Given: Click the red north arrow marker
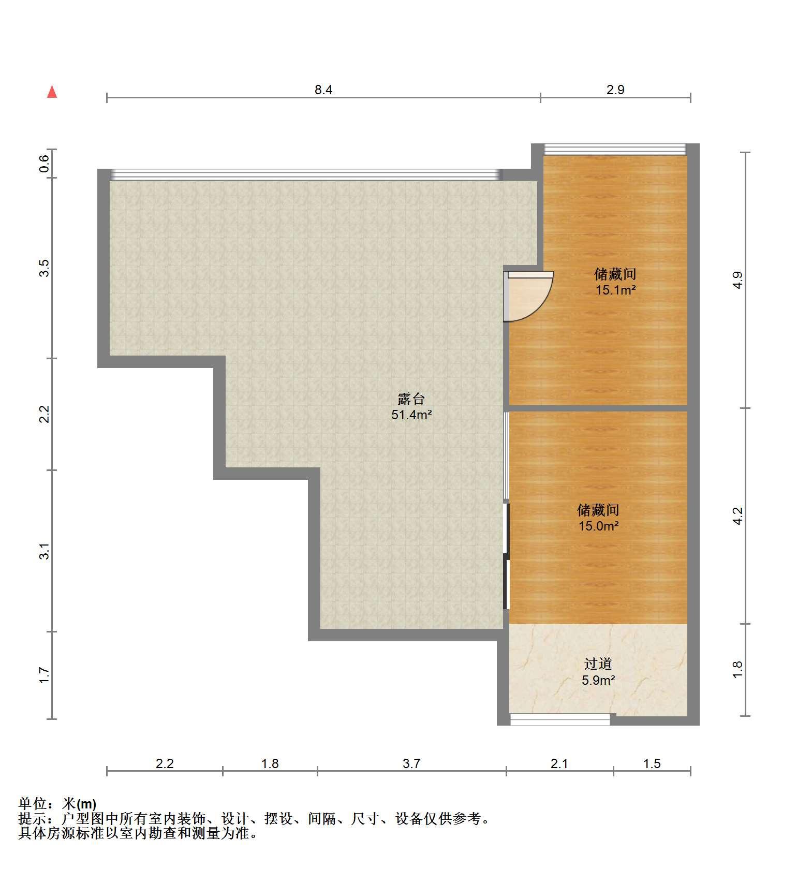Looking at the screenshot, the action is [x=52, y=92].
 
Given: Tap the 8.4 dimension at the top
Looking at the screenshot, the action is [x=323, y=90].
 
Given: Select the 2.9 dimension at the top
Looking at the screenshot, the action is [x=615, y=90].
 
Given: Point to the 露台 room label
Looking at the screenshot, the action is [x=411, y=399].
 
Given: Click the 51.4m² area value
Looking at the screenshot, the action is [x=411, y=415].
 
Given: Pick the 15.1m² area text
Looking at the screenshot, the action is [x=615, y=290].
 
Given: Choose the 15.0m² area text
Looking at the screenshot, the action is [x=598, y=526].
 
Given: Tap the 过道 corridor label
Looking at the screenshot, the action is [x=598, y=664].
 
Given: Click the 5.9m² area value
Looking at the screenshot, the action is [x=598, y=680].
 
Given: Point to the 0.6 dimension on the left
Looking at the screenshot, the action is [x=45, y=164].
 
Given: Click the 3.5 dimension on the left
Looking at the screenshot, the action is [x=45, y=268].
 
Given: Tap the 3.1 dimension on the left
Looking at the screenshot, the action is [x=45, y=551].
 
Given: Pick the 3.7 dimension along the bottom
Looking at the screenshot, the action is [x=411, y=763].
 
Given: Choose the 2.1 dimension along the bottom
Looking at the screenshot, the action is [x=559, y=763].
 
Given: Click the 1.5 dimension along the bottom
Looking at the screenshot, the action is [x=652, y=763].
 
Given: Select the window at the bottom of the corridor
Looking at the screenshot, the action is [x=560, y=719].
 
